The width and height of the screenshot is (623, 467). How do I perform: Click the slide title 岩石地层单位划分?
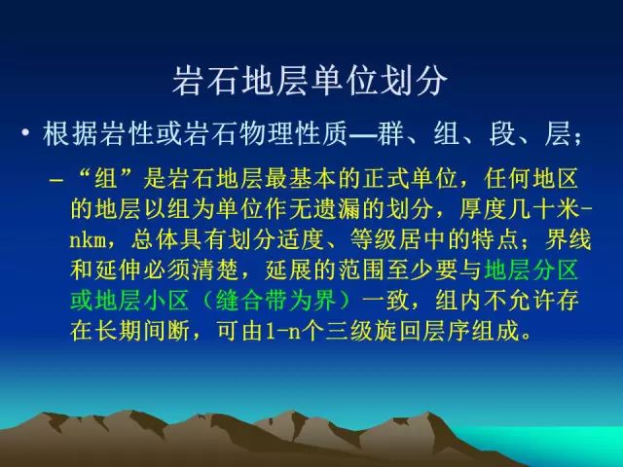[311, 81]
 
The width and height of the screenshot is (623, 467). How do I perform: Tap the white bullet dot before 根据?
[25, 132]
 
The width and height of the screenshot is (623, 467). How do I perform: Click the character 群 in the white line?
[391, 133]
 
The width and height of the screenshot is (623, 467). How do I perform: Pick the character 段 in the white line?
[502, 133]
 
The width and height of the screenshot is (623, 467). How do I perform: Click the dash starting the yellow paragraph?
[56, 180]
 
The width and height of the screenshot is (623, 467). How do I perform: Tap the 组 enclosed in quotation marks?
[106, 179]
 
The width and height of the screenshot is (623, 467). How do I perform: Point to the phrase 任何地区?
[531, 179]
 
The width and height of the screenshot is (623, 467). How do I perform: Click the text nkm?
[89, 240]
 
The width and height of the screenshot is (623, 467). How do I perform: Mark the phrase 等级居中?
[398, 239]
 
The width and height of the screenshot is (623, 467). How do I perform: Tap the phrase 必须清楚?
[192, 270]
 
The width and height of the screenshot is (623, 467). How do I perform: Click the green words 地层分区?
[531, 270]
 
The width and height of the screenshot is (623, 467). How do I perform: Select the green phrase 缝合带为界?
[276, 301]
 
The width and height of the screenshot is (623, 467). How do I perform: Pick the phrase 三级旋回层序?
[398, 331]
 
